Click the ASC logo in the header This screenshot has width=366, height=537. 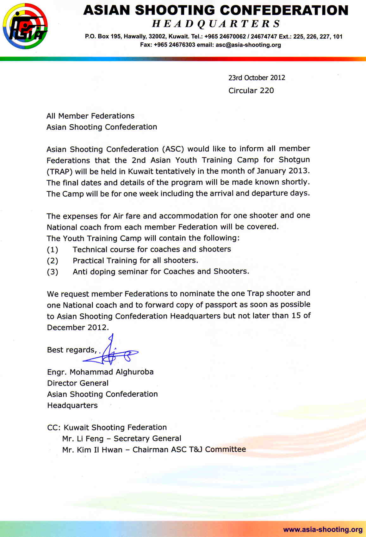coord(25,26)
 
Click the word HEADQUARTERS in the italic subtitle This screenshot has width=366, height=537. coord(216,24)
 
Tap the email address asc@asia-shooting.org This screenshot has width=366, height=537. coord(248,45)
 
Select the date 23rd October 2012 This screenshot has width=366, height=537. coord(257,78)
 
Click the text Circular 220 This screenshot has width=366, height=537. coord(251,91)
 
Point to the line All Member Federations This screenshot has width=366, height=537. coord(90,116)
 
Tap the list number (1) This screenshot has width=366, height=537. coord(53,250)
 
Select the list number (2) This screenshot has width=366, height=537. coord(53,261)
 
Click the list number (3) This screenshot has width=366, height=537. coord(53,272)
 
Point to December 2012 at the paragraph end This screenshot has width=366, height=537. coord(78,327)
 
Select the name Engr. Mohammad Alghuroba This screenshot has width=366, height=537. coord(100,372)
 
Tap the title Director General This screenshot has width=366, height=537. coord(78,383)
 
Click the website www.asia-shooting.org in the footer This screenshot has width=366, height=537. coord(323,529)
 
